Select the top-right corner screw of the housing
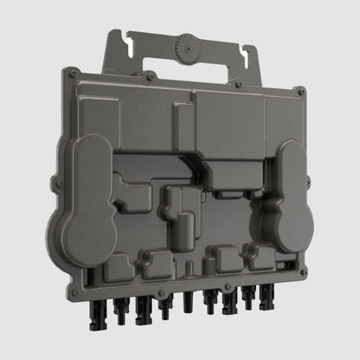click(x=300, y=91)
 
